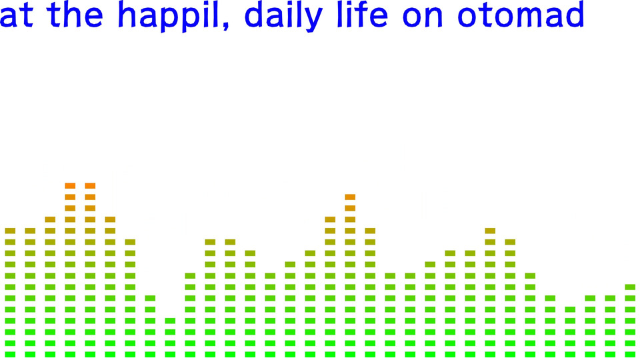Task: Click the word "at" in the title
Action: click(x=16, y=15)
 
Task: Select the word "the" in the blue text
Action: click(x=75, y=14)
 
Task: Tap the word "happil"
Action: click(x=169, y=15)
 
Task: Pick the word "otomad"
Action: click(x=521, y=14)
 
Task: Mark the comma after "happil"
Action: click(x=226, y=25)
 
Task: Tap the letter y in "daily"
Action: click(x=313, y=19)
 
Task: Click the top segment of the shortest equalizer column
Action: click(x=170, y=321)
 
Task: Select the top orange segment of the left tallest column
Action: click(x=70, y=186)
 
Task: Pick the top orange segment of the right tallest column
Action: click(x=90, y=186)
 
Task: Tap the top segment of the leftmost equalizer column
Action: click(x=10, y=231)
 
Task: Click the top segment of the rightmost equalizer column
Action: click(x=630, y=287)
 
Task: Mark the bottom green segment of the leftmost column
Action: click(x=10, y=354)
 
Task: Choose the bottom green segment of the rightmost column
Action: click(x=630, y=354)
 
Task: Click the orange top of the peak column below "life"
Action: click(x=350, y=197)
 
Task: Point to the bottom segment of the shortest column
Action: click(x=170, y=354)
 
